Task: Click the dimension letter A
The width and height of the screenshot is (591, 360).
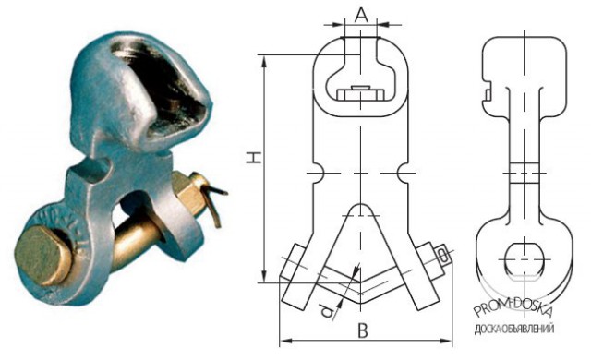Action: [361, 15]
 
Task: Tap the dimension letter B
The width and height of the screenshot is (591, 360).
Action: [362, 330]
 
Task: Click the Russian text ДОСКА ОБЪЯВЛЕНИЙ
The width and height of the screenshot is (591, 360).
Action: [514, 329]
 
